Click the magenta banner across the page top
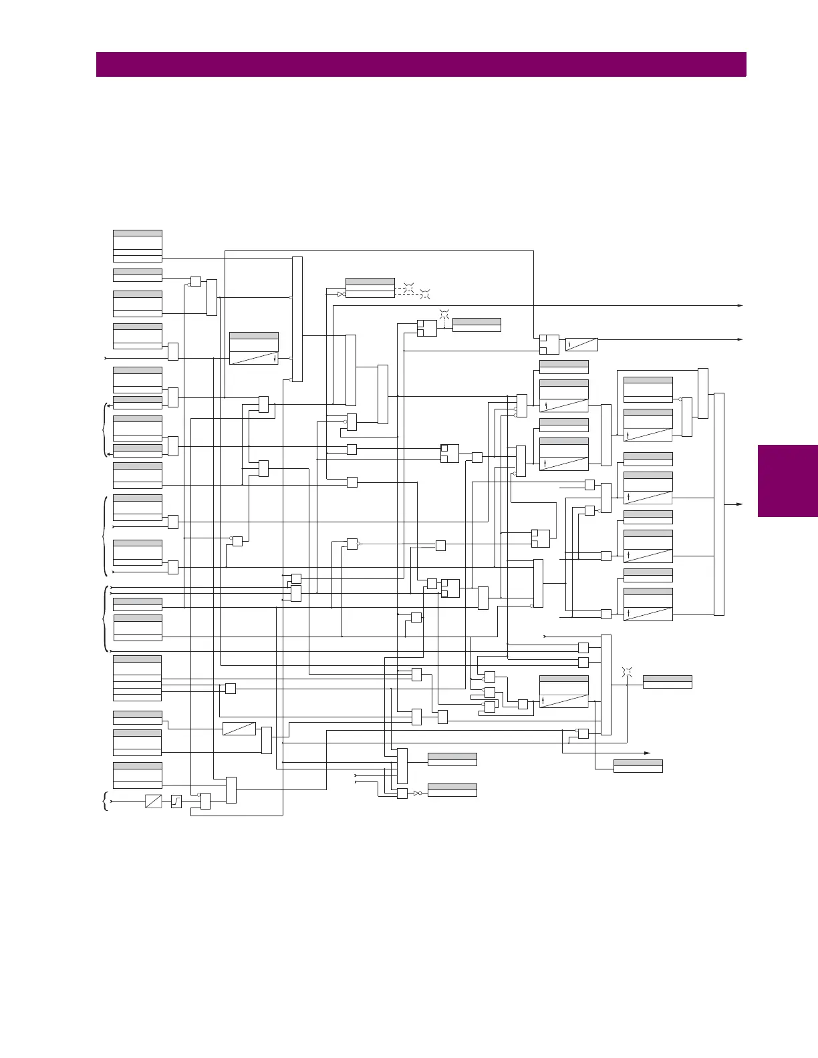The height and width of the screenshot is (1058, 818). tap(421, 65)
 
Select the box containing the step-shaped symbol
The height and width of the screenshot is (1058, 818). tap(176, 801)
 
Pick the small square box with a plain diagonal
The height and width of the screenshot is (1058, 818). tap(153, 801)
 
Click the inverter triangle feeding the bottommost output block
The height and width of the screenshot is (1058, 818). tap(416, 793)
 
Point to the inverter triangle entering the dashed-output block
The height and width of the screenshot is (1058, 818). tap(341, 294)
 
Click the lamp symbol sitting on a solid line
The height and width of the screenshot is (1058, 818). tap(627, 671)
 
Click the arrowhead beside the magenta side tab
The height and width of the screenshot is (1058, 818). tap(740, 504)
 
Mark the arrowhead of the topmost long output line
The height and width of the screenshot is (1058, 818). tap(740, 305)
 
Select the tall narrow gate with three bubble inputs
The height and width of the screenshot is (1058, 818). tap(297, 319)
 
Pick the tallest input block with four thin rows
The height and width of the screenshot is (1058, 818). tap(137, 678)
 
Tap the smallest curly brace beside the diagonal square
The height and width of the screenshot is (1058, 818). tap(106, 800)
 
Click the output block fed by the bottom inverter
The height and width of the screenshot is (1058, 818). tap(452, 790)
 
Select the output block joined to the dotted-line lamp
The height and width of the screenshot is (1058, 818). tap(476, 325)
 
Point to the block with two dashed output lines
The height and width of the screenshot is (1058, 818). tap(370, 288)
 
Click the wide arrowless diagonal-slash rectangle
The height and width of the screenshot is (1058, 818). tap(239, 728)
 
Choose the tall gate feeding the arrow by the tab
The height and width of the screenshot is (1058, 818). tap(719, 504)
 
